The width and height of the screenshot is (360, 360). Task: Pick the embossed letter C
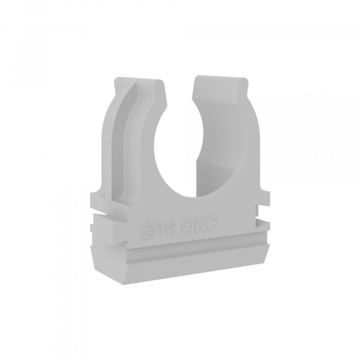coord(211,221)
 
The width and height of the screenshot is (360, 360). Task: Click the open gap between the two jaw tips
coord(179,89)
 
